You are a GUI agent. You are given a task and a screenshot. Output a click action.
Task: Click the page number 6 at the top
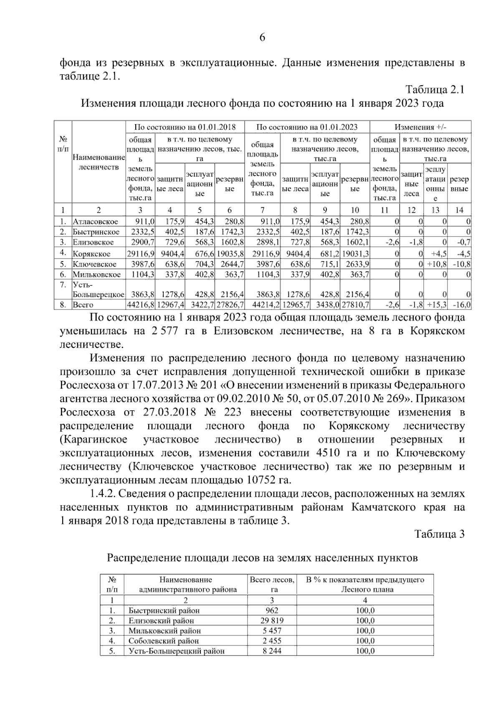262,38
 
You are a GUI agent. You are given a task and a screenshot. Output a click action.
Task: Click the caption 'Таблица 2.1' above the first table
435,90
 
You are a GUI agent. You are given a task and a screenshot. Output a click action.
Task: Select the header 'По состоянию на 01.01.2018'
185,127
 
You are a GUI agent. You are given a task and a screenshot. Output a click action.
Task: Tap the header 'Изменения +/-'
420,127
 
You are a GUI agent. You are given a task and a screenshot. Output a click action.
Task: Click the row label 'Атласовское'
95,222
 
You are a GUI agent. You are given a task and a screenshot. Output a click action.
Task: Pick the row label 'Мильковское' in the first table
96,274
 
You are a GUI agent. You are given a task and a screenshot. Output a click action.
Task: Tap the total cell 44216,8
141,305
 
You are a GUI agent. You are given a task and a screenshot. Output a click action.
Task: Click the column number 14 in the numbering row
459,210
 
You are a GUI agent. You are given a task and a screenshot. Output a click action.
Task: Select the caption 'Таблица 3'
439,534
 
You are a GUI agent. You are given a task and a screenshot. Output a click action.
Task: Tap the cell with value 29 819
272,621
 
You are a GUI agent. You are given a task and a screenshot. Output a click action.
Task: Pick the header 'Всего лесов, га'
272,584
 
